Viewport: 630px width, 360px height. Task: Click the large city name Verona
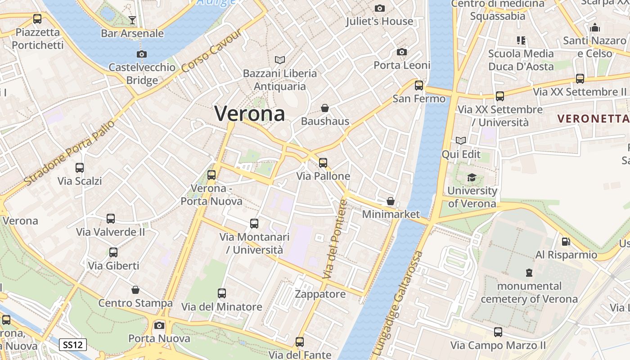click(250, 113)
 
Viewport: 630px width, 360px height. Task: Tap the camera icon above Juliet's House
click(380, 8)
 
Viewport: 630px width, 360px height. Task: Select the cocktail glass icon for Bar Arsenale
click(132, 20)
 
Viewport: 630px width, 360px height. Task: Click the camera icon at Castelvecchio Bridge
click(142, 54)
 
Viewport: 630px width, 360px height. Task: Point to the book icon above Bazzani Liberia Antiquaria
click(280, 60)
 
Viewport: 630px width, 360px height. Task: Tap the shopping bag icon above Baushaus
click(324, 108)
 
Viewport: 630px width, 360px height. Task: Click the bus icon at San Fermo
click(419, 85)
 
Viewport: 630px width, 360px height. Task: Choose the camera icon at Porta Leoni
click(402, 52)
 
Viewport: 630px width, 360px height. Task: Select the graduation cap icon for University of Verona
click(472, 178)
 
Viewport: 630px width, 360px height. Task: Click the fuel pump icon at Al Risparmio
click(566, 242)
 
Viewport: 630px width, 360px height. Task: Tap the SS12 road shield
click(73, 345)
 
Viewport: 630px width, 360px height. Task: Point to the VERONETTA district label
click(593, 119)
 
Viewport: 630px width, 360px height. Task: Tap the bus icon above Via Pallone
click(323, 163)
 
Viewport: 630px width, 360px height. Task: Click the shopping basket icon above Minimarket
click(391, 201)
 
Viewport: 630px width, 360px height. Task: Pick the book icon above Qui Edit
click(461, 141)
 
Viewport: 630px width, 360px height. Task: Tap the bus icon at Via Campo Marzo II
click(498, 332)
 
